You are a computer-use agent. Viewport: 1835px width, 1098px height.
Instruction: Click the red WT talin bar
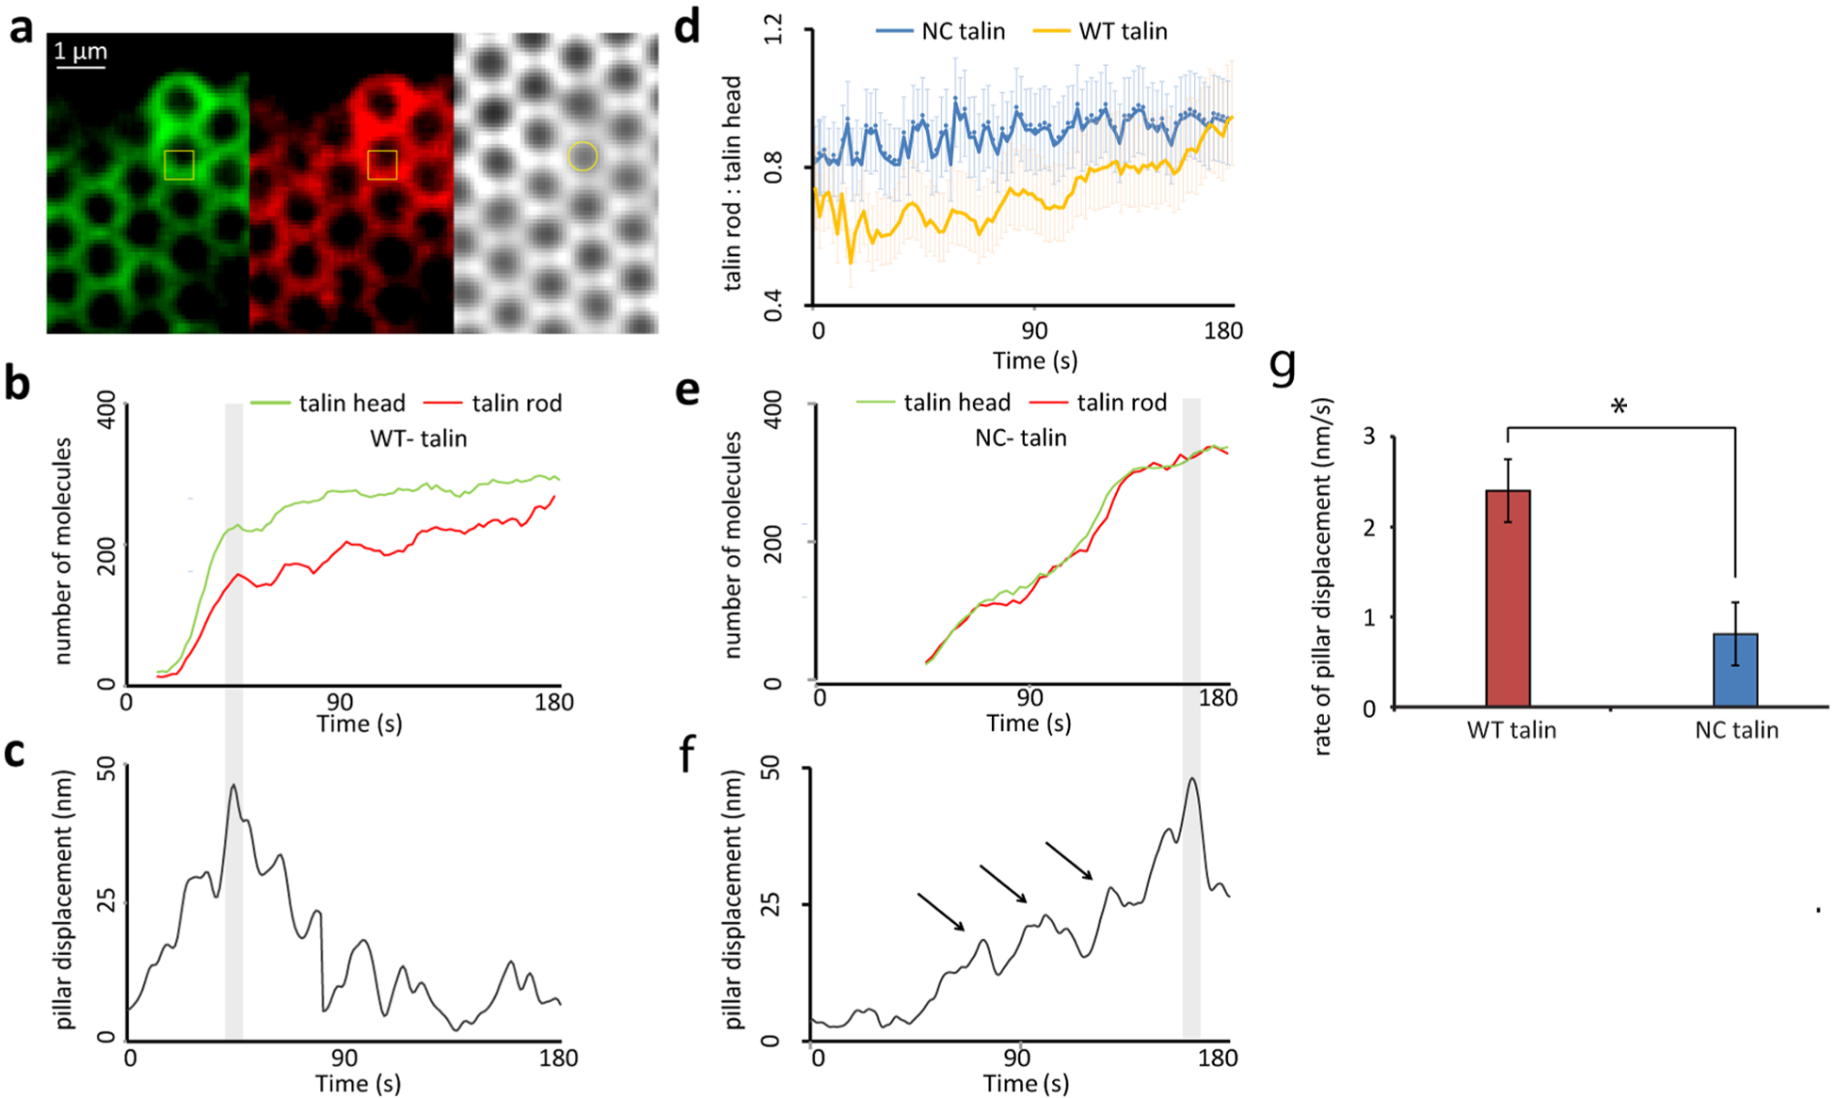[1508, 597]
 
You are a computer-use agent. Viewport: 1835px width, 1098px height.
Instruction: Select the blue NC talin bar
[1734, 669]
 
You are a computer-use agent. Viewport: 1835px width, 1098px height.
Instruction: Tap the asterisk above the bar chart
[1619, 407]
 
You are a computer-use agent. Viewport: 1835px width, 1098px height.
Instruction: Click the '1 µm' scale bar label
[80, 51]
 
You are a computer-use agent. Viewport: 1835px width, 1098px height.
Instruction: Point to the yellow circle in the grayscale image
[582, 156]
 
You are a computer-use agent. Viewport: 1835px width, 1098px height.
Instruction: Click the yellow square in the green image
[179, 165]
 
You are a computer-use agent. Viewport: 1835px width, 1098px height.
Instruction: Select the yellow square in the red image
[382, 165]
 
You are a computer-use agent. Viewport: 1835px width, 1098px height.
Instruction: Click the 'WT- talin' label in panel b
[419, 438]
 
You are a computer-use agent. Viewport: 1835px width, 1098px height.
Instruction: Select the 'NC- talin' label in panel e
[1021, 438]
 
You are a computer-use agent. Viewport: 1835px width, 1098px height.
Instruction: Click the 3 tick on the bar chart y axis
[1369, 437]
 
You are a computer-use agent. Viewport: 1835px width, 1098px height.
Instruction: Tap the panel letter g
[1283, 365]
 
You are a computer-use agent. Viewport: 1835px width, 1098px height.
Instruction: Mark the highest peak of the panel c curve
[232, 786]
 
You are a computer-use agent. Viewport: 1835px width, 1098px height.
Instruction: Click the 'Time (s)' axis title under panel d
[1035, 360]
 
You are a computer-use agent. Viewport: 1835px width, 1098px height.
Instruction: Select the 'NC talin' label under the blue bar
[1736, 730]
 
